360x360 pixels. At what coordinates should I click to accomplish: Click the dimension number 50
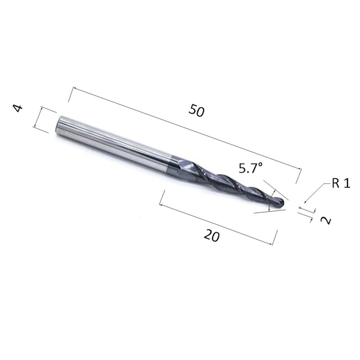[x=196, y=110]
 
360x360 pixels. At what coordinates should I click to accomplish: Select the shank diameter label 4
[x=18, y=108]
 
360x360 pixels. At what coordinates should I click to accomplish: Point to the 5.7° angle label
[x=251, y=168]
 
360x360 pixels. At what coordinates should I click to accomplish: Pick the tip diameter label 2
[x=325, y=221]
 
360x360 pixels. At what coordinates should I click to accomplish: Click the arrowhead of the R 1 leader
[x=305, y=202]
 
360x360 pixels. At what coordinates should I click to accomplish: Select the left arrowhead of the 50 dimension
[x=75, y=88]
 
